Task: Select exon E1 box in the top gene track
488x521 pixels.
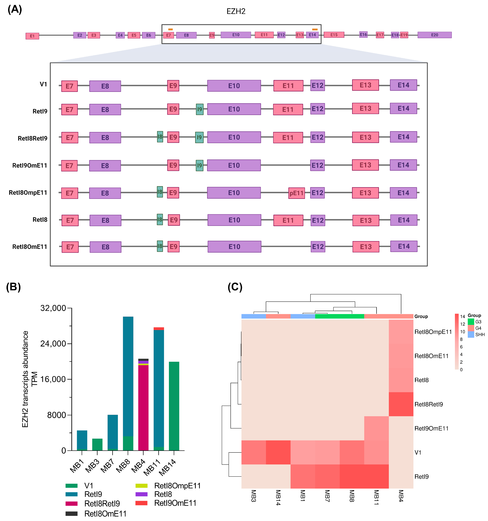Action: [x=32, y=36]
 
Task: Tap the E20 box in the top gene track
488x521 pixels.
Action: [x=434, y=35]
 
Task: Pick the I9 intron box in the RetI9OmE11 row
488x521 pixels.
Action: [x=199, y=165]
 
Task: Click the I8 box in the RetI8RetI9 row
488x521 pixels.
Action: [x=160, y=137]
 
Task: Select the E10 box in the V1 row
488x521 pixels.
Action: [x=234, y=86]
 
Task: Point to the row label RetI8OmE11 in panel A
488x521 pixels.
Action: [x=30, y=247]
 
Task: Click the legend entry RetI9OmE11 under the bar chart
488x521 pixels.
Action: [x=175, y=503]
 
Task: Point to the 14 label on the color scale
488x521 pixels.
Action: [x=462, y=316]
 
